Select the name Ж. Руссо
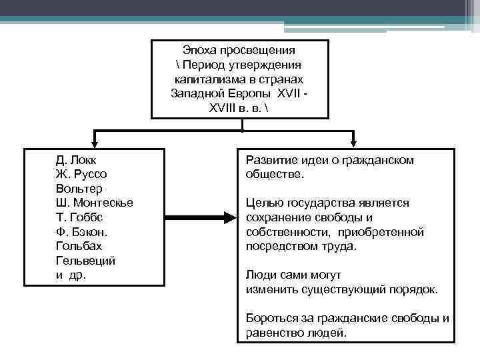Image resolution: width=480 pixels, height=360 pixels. click(81, 175)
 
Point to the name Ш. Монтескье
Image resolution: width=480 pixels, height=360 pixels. click(95, 203)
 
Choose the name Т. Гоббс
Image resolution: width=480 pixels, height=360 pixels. click(79, 217)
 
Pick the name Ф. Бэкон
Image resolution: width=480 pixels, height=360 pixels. click(82, 231)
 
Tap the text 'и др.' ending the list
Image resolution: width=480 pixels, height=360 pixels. click(71, 275)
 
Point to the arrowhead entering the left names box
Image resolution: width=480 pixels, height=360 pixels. click(96, 141)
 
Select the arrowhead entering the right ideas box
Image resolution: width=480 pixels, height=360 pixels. click(353, 141)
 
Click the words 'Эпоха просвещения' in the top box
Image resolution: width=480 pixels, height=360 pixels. click(239, 51)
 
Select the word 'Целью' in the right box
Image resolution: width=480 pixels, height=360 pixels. click(262, 203)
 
